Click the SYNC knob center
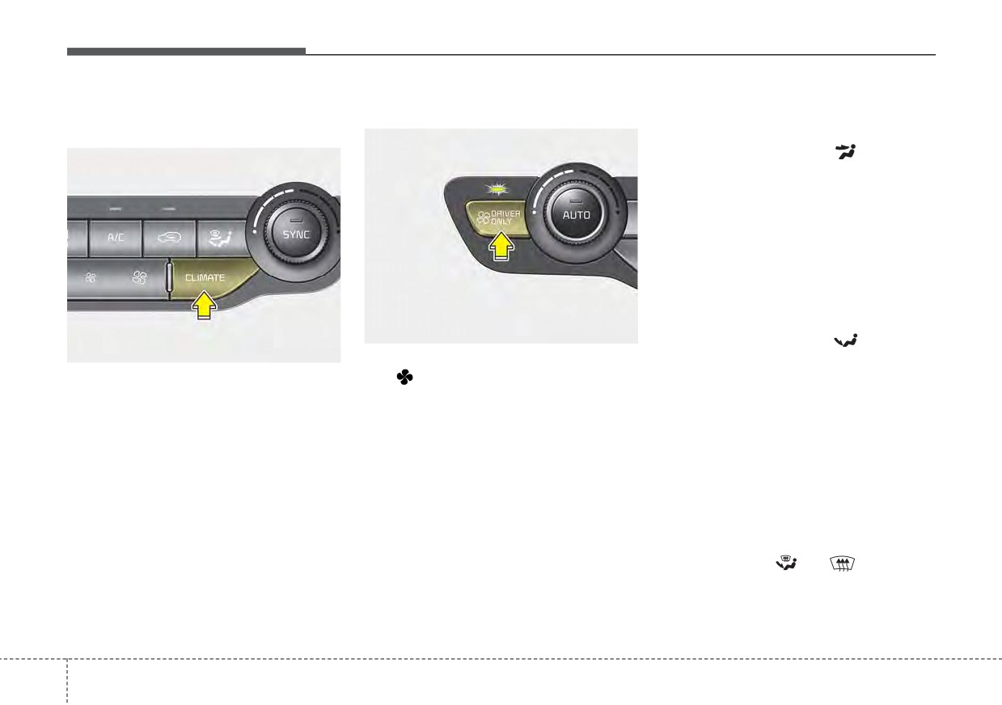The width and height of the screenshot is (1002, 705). coord(296,234)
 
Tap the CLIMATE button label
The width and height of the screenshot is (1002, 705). coord(205,278)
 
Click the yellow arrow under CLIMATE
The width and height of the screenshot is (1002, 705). coord(204,305)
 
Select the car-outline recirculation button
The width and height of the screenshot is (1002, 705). coord(170,238)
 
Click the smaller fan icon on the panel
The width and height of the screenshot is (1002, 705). coord(91,278)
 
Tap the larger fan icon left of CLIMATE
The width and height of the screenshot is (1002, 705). coord(139,278)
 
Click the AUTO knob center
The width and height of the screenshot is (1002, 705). coord(576,215)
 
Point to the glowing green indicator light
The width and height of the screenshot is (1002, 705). coord(499,189)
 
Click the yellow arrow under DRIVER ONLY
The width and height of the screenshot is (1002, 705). coord(501,246)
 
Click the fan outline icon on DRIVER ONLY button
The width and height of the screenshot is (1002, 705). coord(483,217)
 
